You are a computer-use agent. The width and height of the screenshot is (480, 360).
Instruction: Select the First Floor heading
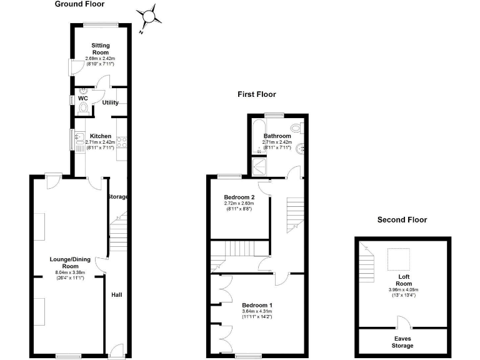point(256,94)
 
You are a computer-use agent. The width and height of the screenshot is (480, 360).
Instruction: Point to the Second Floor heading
point(402,219)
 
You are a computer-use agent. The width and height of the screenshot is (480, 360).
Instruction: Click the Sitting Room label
point(100,49)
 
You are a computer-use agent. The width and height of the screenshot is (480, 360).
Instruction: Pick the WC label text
point(82,98)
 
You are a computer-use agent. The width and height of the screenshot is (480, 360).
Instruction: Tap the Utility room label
point(110,102)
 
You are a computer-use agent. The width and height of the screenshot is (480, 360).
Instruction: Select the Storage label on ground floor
point(117,197)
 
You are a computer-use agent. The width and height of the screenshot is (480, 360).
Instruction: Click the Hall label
point(116,295)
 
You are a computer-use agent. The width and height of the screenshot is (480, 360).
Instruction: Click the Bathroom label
point(277,136)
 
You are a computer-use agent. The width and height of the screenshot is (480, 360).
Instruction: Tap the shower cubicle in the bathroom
point(258,166)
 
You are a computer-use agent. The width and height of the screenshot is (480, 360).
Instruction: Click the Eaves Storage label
point(402,342)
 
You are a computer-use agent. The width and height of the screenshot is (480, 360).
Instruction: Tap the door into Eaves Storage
point(403,323)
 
